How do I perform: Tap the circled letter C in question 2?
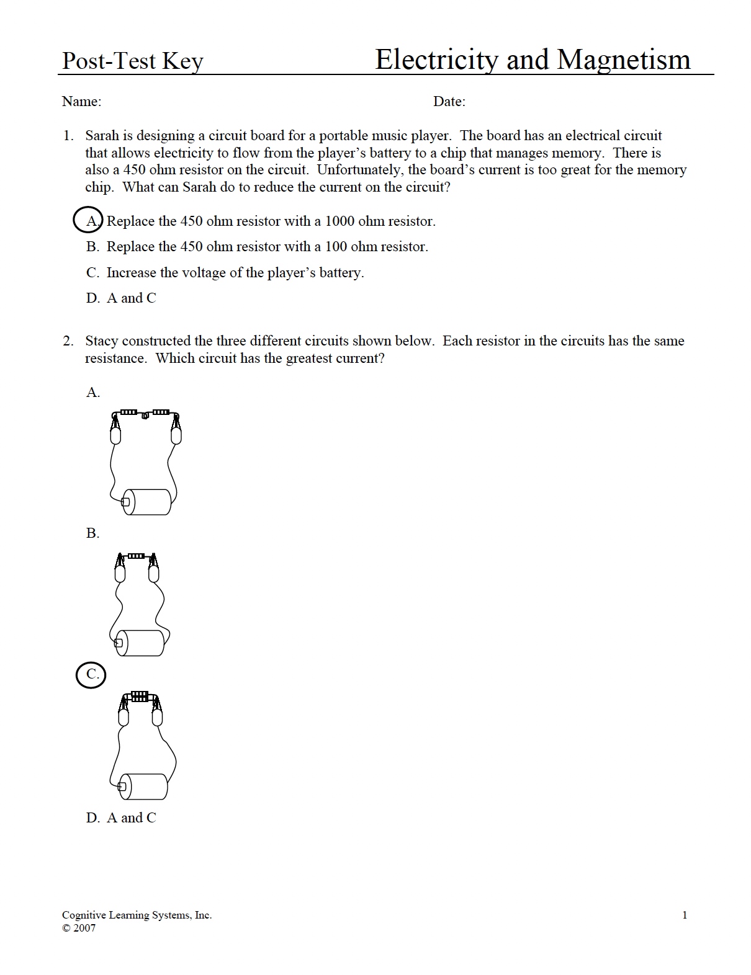[91, 675]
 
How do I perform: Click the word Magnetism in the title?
[623, 60]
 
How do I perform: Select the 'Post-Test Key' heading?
[133, 61]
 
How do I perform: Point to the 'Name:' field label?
[81, 102]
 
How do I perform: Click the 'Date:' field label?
[449, 102]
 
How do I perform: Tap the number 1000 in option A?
[340, 221]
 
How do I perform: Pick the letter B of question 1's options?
[92, 247]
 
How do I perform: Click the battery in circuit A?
[148, 502]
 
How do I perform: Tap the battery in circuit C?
[144, 786]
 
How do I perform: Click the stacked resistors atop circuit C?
[140, 696]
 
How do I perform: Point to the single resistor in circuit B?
[137, 556]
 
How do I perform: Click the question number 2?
[68, 341]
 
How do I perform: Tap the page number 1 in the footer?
[685, 915]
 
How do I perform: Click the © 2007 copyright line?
[79, 928]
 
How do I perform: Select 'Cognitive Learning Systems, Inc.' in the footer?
[137, 915]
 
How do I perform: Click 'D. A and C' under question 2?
[121, 818]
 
